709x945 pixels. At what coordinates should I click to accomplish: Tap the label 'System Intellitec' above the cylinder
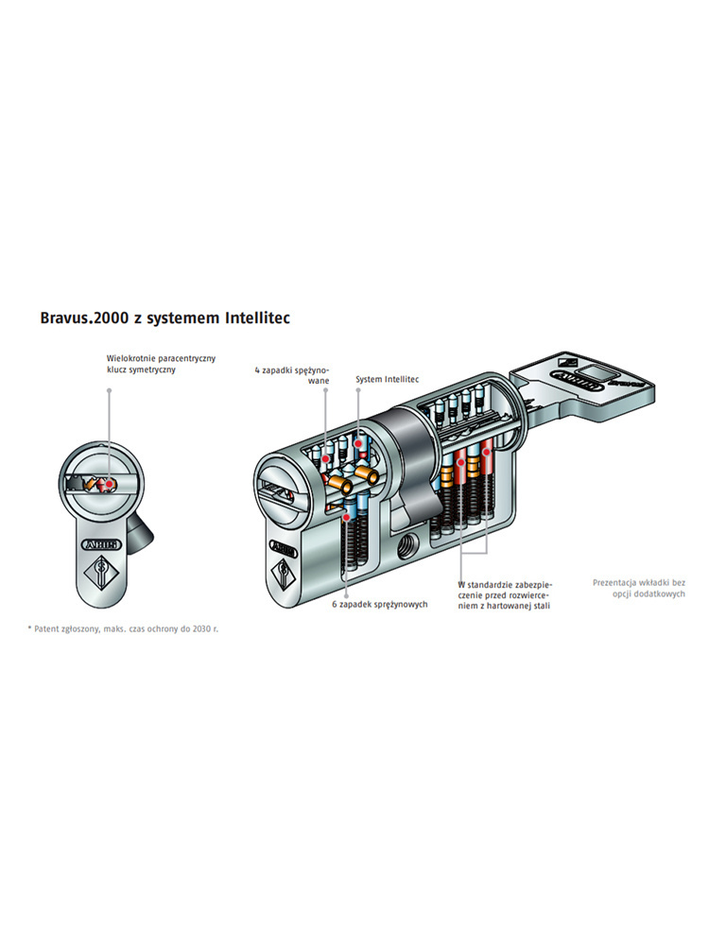pyautogui.click(x=387, y=379)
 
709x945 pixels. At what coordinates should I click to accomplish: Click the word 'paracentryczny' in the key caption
pyautogui.click(x=185, y=358)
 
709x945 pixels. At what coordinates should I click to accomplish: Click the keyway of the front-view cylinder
pyautogui.click(x=95, y=484)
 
